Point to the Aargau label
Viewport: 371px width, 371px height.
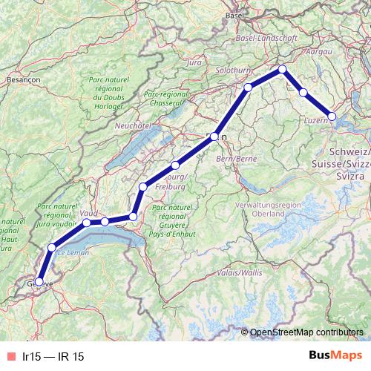(x=318, y=53)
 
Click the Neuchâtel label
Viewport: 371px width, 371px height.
(x=133, y=126)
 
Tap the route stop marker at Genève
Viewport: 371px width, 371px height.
(x=39, y=281)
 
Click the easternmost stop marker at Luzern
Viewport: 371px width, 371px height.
(x=332, y=116)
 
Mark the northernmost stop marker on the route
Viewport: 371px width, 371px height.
(x=282, y=69)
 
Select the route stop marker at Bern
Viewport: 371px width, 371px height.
(x=214, y=137)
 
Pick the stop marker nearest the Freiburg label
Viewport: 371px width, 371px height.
(x=175, y=165)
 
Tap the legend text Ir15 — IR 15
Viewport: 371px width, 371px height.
(x=53, y=356)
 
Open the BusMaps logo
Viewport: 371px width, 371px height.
(x=335, y=356)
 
